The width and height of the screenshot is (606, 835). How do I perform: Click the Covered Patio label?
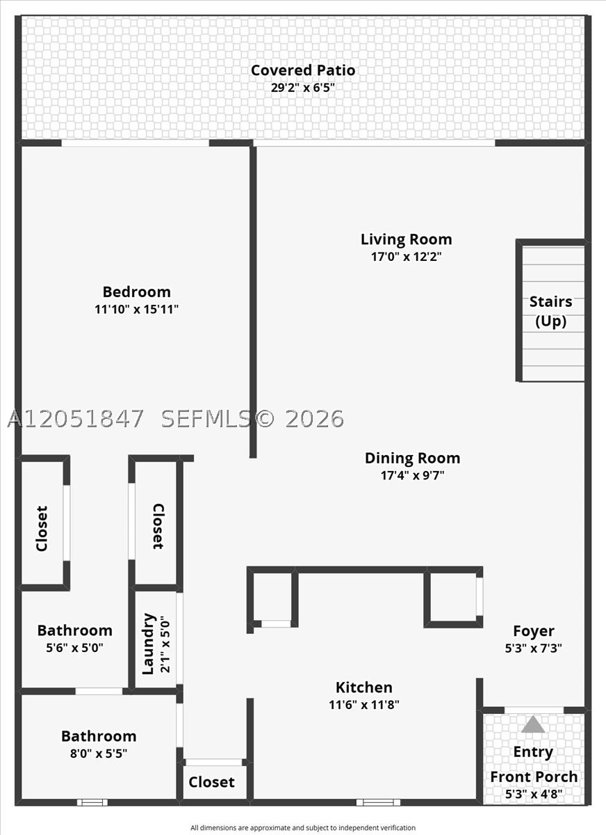pos(303,70)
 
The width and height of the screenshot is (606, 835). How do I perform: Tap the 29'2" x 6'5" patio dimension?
pos(303,88)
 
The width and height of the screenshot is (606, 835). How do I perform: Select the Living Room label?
pos(406,239)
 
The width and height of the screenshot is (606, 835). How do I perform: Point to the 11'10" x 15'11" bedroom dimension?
pos(137,309)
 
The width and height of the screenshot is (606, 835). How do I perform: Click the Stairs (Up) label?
pos(550,311)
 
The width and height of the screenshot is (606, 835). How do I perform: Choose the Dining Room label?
pos(412,458)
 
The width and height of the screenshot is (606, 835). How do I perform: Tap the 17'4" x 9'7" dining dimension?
pos(412,475)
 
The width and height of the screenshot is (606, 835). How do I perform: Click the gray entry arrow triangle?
pos(533,724)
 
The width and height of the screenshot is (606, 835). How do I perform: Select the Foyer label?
pos(534,630)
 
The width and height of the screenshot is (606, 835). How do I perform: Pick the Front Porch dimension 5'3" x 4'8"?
pos(534,794)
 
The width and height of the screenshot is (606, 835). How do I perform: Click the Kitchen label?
pos(363,687)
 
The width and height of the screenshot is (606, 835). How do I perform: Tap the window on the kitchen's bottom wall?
pos(378,802)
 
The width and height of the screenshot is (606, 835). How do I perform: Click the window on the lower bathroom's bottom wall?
pos(92,802)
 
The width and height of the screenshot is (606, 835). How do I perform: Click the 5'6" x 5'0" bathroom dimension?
pos(74,648)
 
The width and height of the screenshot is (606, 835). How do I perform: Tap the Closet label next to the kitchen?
pos(211,781)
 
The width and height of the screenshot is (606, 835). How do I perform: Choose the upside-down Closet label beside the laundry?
pos(158,526)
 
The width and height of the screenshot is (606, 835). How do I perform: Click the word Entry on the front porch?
pos(533,752)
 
